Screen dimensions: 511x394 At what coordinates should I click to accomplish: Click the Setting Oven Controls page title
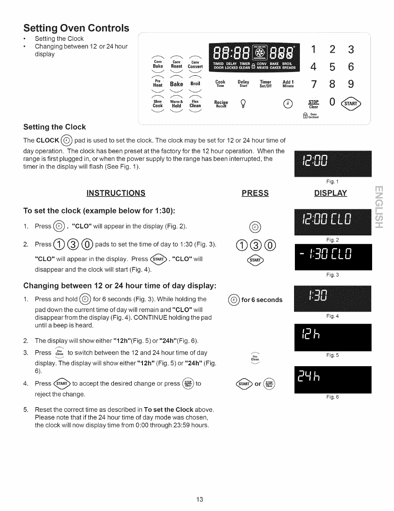[x=76, y=28]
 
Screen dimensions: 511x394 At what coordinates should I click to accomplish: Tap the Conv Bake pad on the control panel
[x=158, y=64]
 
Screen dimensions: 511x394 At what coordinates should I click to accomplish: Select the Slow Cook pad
[x=158, y=103]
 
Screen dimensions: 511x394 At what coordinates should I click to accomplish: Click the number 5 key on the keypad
[x=332, y=67]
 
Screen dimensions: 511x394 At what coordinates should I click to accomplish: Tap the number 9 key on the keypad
[x=351, y=84]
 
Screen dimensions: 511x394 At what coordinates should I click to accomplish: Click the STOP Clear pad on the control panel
[x=313, y=104]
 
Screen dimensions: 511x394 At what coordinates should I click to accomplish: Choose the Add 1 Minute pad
[x=288, y=84]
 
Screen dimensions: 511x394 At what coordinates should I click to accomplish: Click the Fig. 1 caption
[x=332, y=182]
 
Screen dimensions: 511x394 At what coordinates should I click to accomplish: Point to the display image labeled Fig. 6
[x=333, y=380]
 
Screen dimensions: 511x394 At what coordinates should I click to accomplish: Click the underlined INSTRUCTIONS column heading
[x=116, y=193]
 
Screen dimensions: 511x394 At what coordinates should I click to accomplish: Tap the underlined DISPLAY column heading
[x=330, y=193]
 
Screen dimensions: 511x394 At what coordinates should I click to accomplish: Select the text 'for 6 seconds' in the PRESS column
[x=262, y=300]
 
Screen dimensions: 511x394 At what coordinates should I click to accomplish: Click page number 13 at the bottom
[x=200, y=499]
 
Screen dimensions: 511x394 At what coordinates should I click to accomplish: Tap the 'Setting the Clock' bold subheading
[x=55, y=127]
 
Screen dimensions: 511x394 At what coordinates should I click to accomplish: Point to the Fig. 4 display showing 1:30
[x=333, y=298]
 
